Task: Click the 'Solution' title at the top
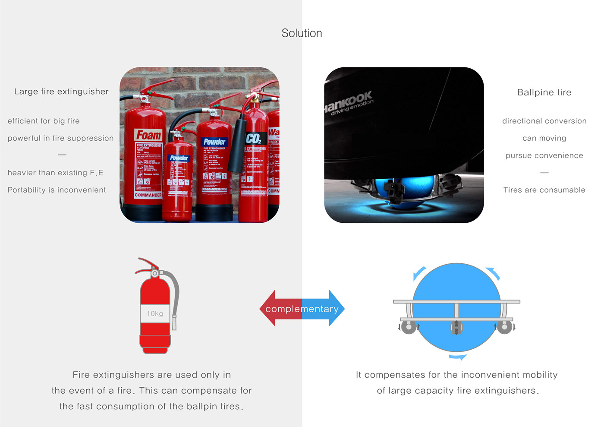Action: (x=302, y=33)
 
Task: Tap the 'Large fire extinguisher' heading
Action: (x=61, y=92)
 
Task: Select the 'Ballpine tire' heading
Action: (x=544, y=92)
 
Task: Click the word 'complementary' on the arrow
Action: (x=302, y=309)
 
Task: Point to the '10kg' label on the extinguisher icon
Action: (x=155, y=313)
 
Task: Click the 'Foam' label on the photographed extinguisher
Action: (x=148, y=135)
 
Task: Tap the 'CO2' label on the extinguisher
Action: (x=253, y=139)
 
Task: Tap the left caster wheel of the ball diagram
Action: (x=409, y=327)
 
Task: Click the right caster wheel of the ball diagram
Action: (x=504, y=327)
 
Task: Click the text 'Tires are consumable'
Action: (x=544, y=190)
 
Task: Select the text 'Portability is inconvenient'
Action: (x=57, y=190)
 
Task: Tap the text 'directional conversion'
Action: (x=544, y=121)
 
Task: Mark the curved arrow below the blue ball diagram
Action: (x=457, y=357)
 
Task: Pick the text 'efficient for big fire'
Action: (x=44, y=121)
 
